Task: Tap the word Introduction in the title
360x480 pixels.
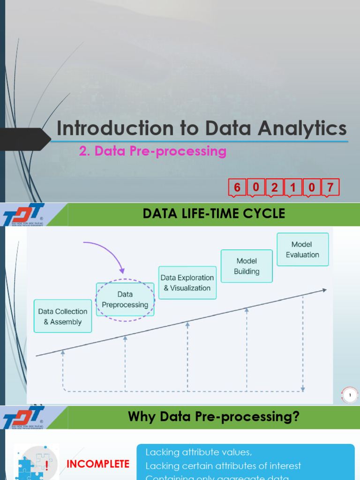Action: pyautogui.click(x=108, y=128)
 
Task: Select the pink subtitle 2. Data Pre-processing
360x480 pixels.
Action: pyautogui.click(x=153, y=151)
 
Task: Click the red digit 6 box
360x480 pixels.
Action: pyautogui.click(x=237, y=187)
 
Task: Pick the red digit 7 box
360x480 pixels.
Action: pyautogui.click(x=330, y=187)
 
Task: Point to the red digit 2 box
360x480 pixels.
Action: pyautogui.click(x=274, y=187)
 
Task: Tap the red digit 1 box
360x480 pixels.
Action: pyautogui.click(x=293, y=187)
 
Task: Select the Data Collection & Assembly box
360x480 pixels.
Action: pyautogui.click(x=63, y=316)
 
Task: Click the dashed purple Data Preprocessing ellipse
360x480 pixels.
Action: pyautogui.click(x=125, y=300)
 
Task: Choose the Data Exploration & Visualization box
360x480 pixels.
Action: pyautogui.click(x=187, y=283)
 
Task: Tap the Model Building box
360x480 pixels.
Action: pyautogui.click(x=247, y=266)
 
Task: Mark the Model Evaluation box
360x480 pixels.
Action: pyautogui.click(x=302, y=249)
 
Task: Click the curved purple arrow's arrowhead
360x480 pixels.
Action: pyautogui.click(x=122, y=271)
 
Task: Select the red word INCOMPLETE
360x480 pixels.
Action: pyautogui.click(x=98, y=464)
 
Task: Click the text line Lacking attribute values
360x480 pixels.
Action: pyautogui.click(x=199, y=452)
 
